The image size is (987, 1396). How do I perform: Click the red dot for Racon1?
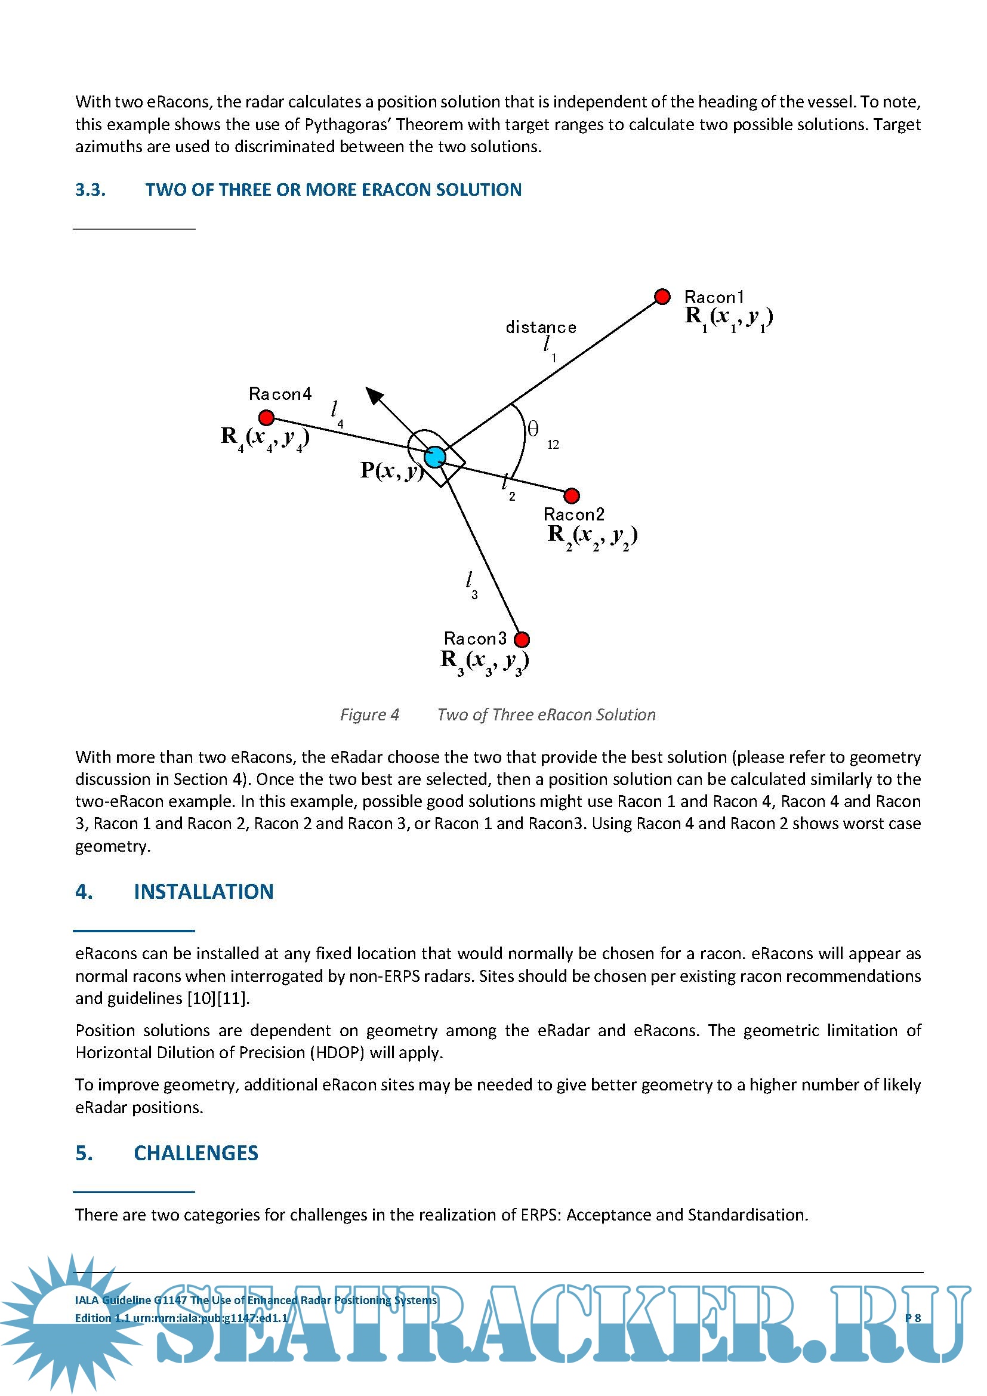click(662, 297)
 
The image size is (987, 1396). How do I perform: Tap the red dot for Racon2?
click(571, 495)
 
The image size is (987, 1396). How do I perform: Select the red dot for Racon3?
click(522, 640)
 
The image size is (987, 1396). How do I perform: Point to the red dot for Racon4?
click(266, 418)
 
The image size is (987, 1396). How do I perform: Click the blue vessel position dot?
click(434, 457)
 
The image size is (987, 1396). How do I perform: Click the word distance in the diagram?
click(541, 328)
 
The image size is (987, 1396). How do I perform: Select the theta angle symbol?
click(533, 429)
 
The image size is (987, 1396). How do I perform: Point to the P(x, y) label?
click(391, 470)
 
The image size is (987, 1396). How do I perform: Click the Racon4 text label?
click(280, 394)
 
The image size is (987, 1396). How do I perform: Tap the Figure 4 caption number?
click(369, 714)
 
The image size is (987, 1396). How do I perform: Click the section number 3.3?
click(91, 190)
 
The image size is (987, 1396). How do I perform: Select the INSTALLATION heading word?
click(203, 891)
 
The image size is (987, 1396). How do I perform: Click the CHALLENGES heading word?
click(196, 1153)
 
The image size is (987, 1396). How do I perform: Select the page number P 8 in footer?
click(913, 1318)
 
